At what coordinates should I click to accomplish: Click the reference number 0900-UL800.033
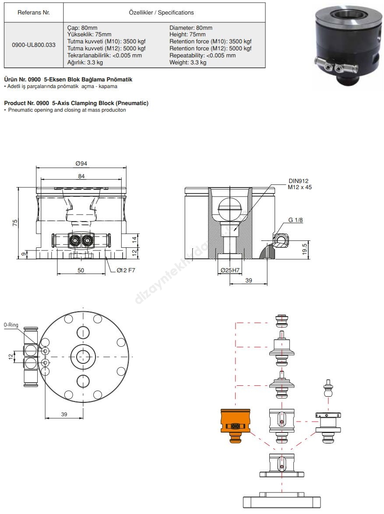[33, 45]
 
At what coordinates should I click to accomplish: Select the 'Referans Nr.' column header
[33, 12]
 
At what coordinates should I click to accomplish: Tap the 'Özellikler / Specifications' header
[161, 12]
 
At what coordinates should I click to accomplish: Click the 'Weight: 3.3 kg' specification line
[188, 62]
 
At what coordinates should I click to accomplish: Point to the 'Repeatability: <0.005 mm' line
[203, 56]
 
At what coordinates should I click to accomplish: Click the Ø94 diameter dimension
[81, 163]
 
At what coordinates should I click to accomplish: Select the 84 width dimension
[81, 176]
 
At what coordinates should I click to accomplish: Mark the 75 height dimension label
[15, 222]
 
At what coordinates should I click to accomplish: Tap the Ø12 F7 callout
[126, 270]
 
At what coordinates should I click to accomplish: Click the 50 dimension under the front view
[81, 270]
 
